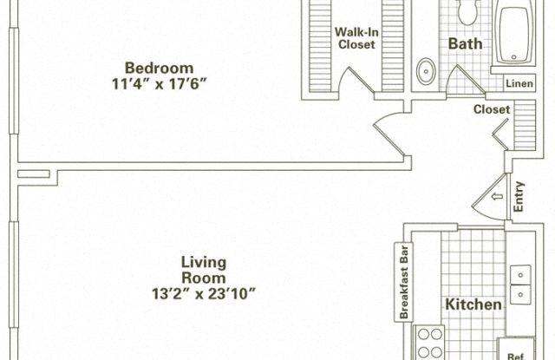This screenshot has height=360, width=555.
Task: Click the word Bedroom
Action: coord(159,68)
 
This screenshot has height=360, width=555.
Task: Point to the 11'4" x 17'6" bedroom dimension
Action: coord(159,84)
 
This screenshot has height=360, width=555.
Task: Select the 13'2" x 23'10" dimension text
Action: coord(206,294)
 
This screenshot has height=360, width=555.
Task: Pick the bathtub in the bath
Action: coord(519,35)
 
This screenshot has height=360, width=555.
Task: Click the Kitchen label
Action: coord(473,304)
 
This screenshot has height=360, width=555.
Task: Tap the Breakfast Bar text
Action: coord(403,280)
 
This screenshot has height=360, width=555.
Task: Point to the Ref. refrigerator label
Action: coord(515,353)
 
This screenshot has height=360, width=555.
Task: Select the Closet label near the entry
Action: coord(491,109)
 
